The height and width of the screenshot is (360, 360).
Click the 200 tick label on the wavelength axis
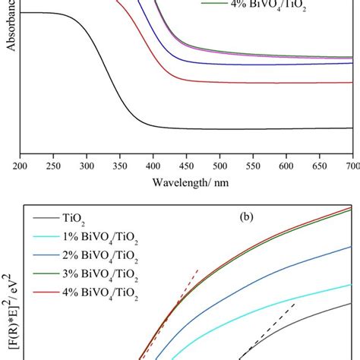coord(21,164)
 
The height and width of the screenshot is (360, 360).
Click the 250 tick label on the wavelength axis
coord(54,164)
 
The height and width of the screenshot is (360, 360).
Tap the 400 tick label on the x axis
coord(153,164)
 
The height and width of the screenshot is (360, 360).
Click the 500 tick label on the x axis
coord(219,164)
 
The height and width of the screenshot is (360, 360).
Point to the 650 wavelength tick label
coord(319,164)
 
